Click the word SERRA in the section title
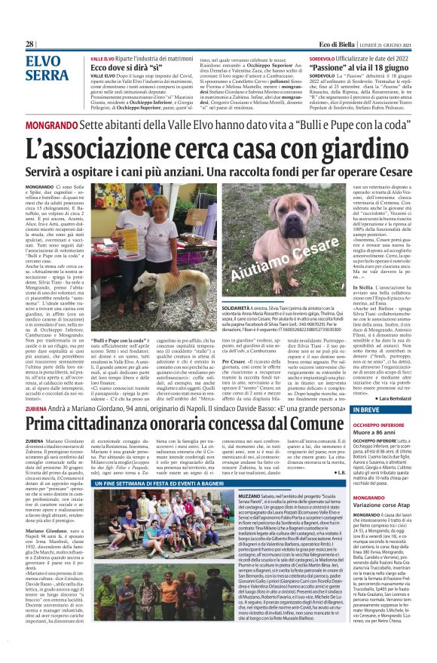tap(46, 75)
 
